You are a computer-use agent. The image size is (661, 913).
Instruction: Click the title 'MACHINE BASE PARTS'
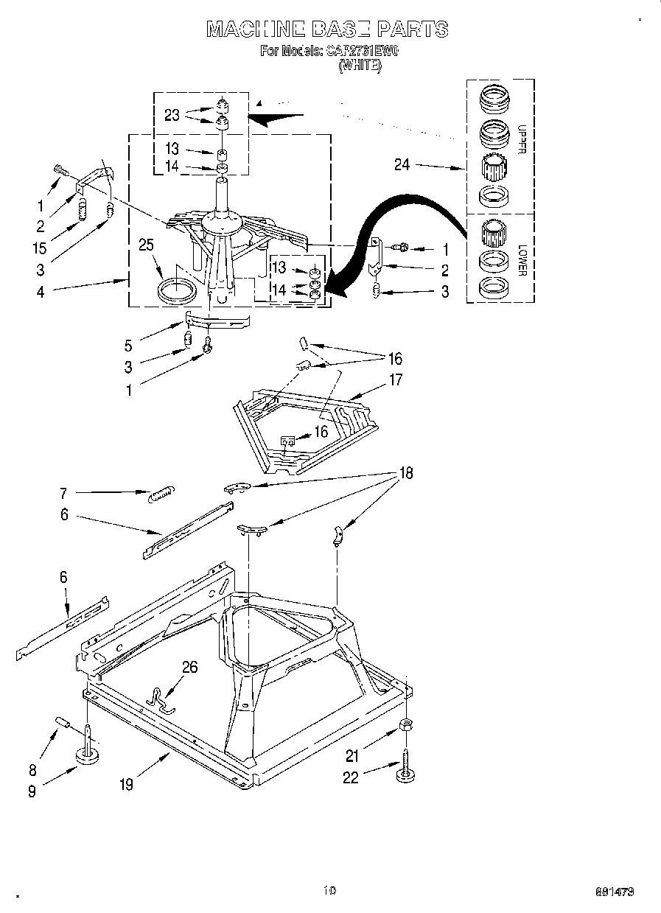pos(326,29)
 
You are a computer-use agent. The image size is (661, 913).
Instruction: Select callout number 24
pos(402,165)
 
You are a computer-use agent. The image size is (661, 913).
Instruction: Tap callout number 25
pos(147,245)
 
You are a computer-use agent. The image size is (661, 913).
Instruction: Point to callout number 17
pos(396,380)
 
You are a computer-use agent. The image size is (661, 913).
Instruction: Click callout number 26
pos(190,668)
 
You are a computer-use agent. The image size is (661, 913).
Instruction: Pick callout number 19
pos(127,785)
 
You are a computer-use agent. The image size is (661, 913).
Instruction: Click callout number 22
pos(352,777)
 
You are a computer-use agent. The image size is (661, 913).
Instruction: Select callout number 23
pos(172,114)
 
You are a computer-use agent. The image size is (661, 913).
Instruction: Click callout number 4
pos(41,292)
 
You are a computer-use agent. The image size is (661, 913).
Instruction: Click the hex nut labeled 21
pos(405,726)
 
